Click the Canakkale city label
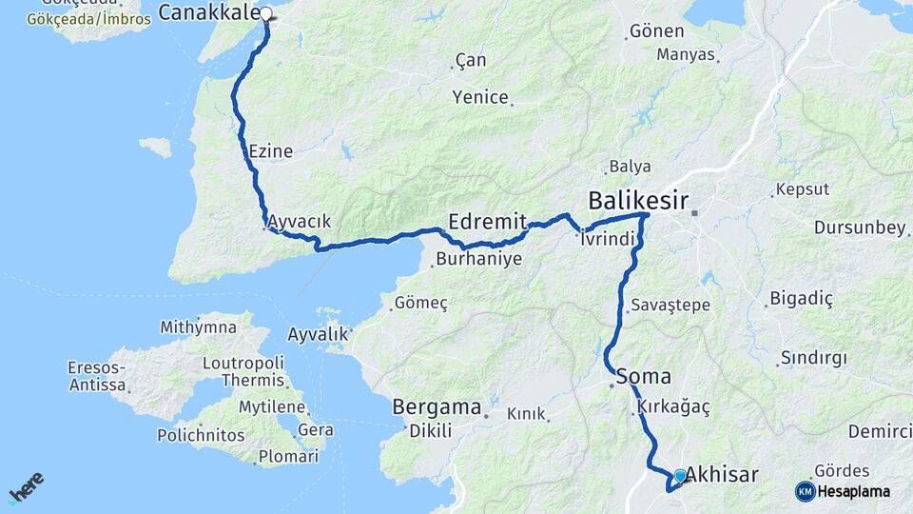click(208, 12)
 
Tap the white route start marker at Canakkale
click(266, 14)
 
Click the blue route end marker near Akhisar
click(680, 475)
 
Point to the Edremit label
click(487, 220)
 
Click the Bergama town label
click(437, 407)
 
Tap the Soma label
click(644, 376)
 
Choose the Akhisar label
click(722, 473)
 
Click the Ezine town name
click(270, 151)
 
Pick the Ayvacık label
click(300, 222)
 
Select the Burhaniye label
click(479, 259)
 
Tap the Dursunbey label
click(859, 227)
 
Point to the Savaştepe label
click(670, 306)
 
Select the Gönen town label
click(656, 32)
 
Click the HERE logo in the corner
click(27, 487)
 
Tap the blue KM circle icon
click(805, 491)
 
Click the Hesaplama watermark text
click(854, 492)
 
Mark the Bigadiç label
click(801, 300)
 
